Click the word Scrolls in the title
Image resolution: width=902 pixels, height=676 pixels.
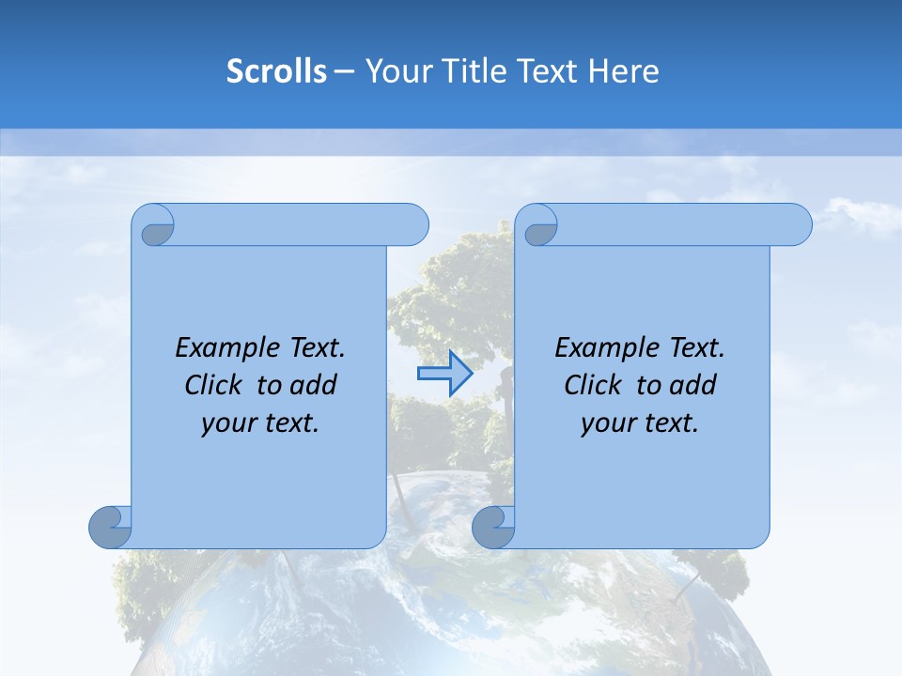277,71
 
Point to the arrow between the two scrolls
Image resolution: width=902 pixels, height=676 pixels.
444,374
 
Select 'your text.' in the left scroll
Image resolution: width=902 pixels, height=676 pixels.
260,422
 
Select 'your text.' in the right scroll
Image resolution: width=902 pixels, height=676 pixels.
640,422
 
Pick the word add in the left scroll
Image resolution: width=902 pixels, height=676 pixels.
314,385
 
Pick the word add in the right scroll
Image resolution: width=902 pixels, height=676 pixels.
693,385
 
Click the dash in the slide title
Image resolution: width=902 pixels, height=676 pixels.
344,72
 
